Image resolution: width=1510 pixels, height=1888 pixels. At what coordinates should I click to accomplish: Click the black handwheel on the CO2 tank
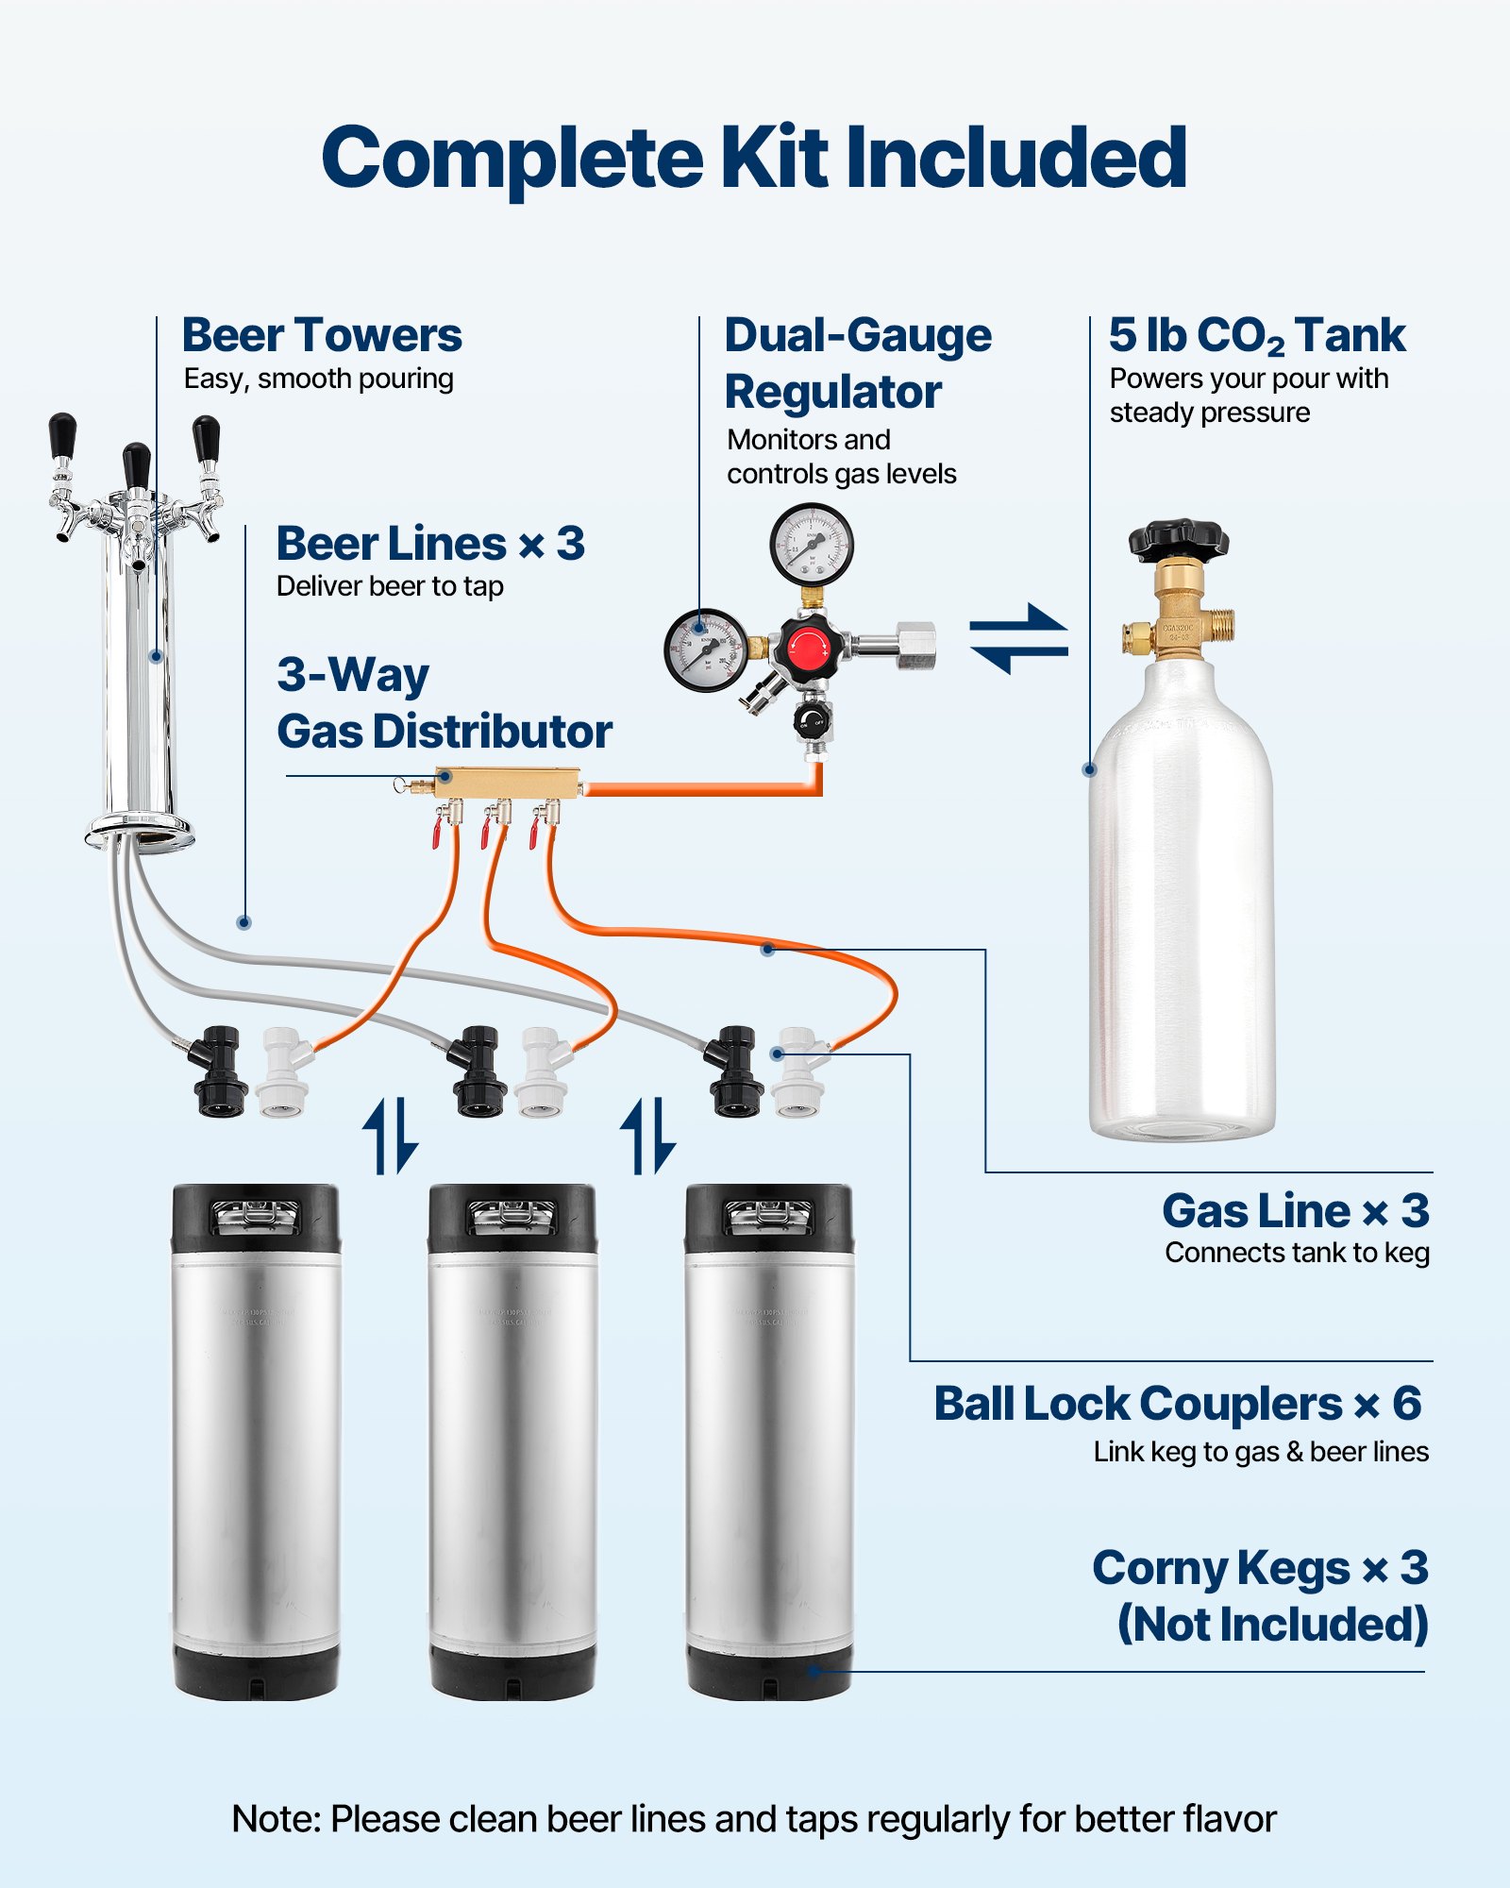click(x=1178, y=539)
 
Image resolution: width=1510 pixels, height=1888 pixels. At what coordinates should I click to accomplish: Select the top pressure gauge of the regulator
click(x=812, y=545)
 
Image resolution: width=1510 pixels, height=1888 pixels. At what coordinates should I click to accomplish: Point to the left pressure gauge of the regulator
click(x=705, y=650)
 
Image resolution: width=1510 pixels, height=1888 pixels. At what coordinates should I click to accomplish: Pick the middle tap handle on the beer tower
click(x=137, y=465)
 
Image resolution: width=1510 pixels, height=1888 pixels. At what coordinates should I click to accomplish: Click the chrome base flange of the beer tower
click(x=140, y=833)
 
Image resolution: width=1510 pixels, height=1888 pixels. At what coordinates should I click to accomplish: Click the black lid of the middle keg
click(x=512, y=1218)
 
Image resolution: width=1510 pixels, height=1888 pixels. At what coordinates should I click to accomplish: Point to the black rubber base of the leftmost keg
click(x=256, y=1672)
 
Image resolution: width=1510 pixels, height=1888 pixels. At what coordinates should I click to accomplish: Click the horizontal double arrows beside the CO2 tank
click(x=1018, y=639)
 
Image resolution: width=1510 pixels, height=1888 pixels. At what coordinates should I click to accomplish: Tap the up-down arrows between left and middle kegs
click(x=390, y=1135)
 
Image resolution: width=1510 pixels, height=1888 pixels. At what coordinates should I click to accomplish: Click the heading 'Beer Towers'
click(x=322, y=335)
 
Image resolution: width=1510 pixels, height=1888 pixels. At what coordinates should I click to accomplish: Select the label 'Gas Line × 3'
click(x=1295, y=1210)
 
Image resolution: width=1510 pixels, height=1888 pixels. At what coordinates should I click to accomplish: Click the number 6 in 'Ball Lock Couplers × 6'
click(x=1406, y=1404)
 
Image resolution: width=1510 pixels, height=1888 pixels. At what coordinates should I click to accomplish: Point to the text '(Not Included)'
click(x=1272, y=1625)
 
